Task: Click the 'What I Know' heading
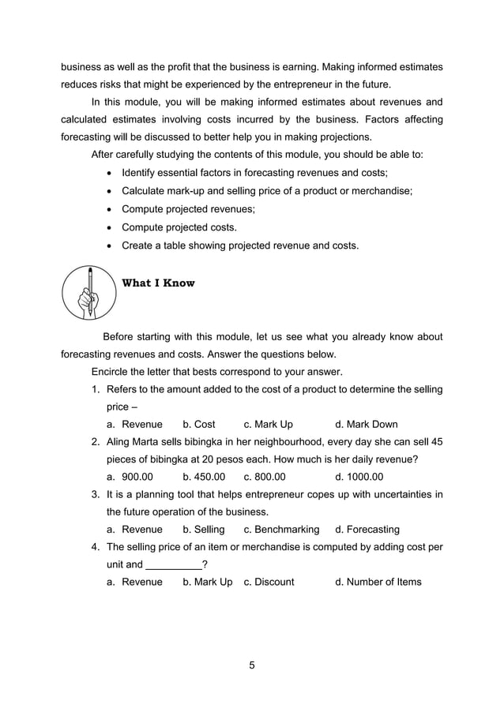point(158,283)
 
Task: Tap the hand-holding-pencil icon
point(89,293)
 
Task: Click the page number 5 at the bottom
point(252,665)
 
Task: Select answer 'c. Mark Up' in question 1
point(268,424)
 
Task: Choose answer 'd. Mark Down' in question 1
point(367,424)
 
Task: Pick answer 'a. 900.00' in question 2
point(130,477)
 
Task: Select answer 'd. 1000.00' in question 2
point(359,477)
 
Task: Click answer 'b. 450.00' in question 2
point(204,477)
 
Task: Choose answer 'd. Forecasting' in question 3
point(367,529)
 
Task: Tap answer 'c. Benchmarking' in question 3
point(281,529)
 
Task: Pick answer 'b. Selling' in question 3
point(204,529)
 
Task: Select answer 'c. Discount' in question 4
point(269,582)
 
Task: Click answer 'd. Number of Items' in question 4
point(378,582)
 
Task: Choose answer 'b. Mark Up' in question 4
point(208,582)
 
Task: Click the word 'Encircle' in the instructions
point(112,371)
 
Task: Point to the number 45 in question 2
point(435,441)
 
